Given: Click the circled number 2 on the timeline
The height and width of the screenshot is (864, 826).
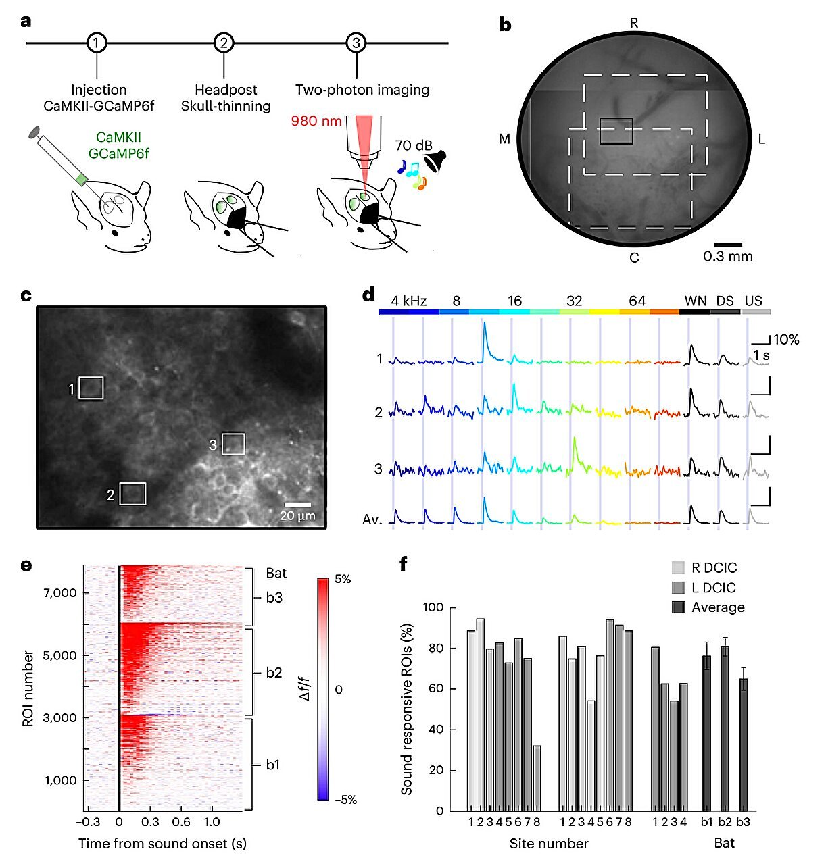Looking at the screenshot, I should [x=223, y=43].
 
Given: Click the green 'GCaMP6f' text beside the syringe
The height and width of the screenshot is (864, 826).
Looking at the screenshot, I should [x=118, y=153].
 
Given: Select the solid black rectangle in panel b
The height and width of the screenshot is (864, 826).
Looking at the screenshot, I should [x=616, y=131].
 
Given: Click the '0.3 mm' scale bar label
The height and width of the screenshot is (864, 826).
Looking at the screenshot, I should [x=727, y=257].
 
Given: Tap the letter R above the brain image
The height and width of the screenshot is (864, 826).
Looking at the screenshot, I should [x=633, y=24].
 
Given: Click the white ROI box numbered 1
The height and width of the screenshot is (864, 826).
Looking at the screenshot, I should [x=91, y=388].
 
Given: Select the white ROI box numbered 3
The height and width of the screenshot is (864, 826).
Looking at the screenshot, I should [x=233, y=444].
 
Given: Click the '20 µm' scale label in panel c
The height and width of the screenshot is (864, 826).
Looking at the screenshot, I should [x=297, y=517].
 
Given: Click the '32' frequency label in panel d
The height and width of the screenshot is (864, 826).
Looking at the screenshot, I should [x=574, y=301].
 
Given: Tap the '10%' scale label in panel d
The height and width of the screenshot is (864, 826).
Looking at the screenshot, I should [x=786, y=340].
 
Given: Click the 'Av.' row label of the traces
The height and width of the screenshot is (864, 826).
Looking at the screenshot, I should [x=372, y=519].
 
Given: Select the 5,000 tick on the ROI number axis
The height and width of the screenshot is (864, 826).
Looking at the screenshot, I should [x=62, y=655].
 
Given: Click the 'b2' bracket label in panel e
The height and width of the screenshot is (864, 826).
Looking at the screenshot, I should [x=274, y=673].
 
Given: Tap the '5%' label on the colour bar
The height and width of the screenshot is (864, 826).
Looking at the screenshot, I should [x=343, y=580].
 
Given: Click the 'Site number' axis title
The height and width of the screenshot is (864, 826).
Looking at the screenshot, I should [x=548, y=844].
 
